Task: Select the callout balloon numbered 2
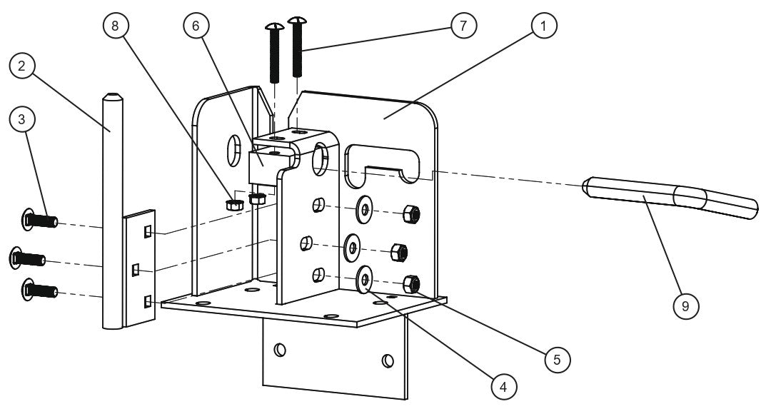pos(22,67)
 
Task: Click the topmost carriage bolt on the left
pos(41,220)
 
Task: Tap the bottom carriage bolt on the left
pos(41,290)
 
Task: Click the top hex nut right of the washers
pos(411,213)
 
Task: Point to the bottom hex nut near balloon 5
pos(412,283)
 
